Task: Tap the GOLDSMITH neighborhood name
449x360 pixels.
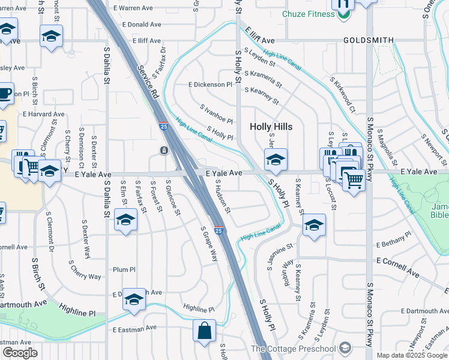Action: (x=369, y=40)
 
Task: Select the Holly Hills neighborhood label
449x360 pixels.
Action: (x=271, y=127)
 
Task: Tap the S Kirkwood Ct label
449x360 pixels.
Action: (x=343, y=94)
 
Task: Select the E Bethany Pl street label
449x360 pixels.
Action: (x=394, y=240)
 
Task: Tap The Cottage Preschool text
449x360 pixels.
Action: (x=293, y=349)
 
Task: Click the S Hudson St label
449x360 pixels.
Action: (x=223, y=196)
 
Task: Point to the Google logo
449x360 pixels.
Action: (x=20, y=352)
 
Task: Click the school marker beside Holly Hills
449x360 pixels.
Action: (x=276, y=159)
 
